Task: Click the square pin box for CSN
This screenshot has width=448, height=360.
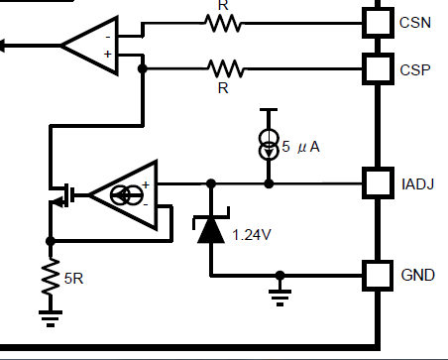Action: click(x=377, y=20)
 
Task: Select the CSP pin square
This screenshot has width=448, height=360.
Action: click(x=377, y=68)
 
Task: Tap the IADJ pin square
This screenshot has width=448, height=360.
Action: click(x=377, y=183)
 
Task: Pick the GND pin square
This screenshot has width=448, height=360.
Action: click(x=377, y=275)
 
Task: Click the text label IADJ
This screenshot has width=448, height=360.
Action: click(x=415, y=183)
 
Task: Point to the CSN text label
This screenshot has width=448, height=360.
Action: click(x=414, y=20)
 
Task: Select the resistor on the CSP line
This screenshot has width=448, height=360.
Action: click(x=225, y=68)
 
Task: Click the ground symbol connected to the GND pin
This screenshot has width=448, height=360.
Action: click(x=281, y=294)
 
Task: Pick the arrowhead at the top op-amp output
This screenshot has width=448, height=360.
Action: click(x=5, y=44)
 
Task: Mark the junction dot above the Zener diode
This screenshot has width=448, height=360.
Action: click(x=210, y=183)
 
